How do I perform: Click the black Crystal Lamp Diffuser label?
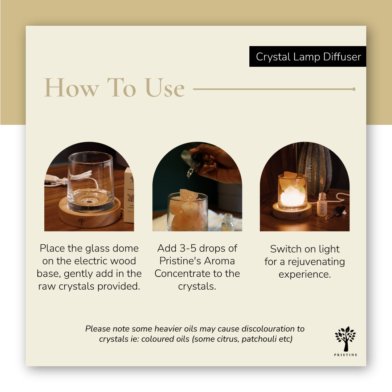[x=308, y=57]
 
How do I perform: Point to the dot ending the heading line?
[x=354, y=89]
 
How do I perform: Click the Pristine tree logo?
[x=345, y=338]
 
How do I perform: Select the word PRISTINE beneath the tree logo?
[x=345, y=355]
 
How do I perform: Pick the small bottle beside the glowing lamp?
[x=322, y=205]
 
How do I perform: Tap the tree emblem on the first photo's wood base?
[x=81, y=221]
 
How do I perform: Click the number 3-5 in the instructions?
[x=189, y=249]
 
